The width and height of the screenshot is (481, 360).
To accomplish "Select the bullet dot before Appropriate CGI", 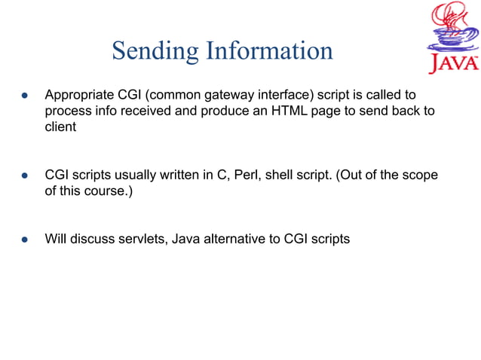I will pyautogui.click(x=24, y=96).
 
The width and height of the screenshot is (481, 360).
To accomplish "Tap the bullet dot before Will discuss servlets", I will pyautogui.click(x=24, y=240).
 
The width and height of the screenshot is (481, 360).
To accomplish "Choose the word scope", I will pyautogui.click(x=420, y=175).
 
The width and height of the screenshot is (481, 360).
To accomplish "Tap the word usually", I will pyautogui.click(x=134, y=175).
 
